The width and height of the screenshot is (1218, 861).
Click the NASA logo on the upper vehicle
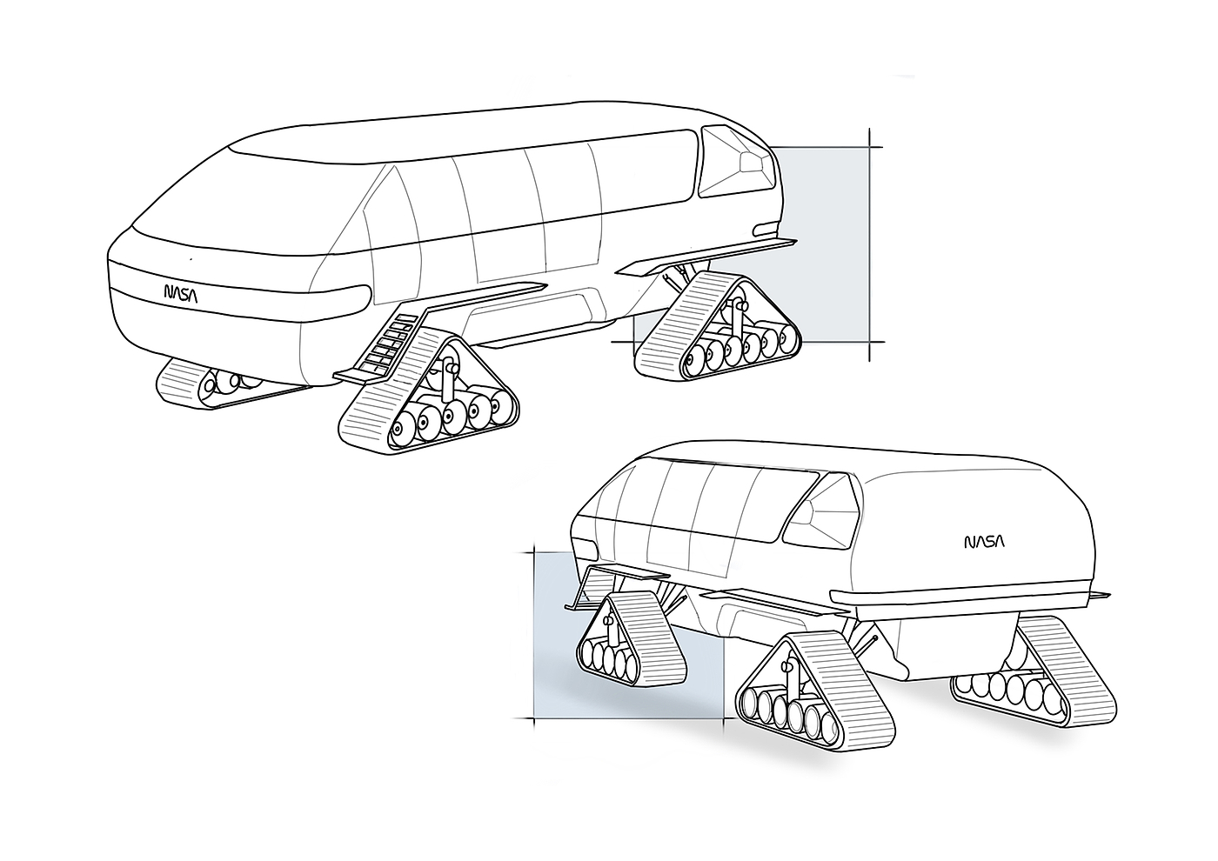pos(181,294)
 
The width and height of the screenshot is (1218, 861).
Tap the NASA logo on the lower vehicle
pos(984,543)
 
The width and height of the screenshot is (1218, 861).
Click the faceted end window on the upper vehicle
pos(735,161)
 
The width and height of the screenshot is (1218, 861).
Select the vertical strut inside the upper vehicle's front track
pos(450,374)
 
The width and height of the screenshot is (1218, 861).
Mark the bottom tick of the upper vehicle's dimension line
pos(871,342)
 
